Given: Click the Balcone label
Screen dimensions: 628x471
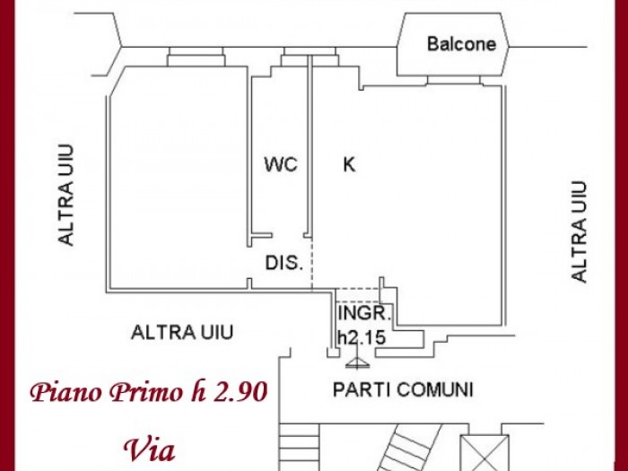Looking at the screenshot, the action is (x=461, y=44).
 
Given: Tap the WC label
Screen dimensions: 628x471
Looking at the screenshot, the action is (x=281, y=164).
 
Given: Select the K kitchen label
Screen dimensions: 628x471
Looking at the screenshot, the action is (x=349, y=164).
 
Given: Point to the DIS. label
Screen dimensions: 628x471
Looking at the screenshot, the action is (x=284, y=263).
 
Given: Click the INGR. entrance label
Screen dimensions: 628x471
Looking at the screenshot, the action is (x=364, y=313).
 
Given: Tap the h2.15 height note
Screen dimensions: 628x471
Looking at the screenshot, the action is (x=362, y=337).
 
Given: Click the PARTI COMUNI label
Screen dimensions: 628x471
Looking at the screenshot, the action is (x=404, y=389).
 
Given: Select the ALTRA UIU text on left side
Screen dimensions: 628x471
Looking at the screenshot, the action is (x=66, y=195).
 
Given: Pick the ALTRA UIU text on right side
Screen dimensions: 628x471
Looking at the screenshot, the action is (x=579, y=231).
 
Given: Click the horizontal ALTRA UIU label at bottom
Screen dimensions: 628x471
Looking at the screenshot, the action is (x=182, y=333).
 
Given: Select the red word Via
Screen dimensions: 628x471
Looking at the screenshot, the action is (x=150, y=450).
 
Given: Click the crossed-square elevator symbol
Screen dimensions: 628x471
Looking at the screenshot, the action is (x=484, y=453).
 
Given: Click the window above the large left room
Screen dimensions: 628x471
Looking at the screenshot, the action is (x=196, y=57).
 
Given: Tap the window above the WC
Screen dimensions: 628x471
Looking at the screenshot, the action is (x=310, y=57).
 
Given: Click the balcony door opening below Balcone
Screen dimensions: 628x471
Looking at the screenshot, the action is (x=453, y=81).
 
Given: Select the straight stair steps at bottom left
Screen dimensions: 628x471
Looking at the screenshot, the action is (x=299, y=447).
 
